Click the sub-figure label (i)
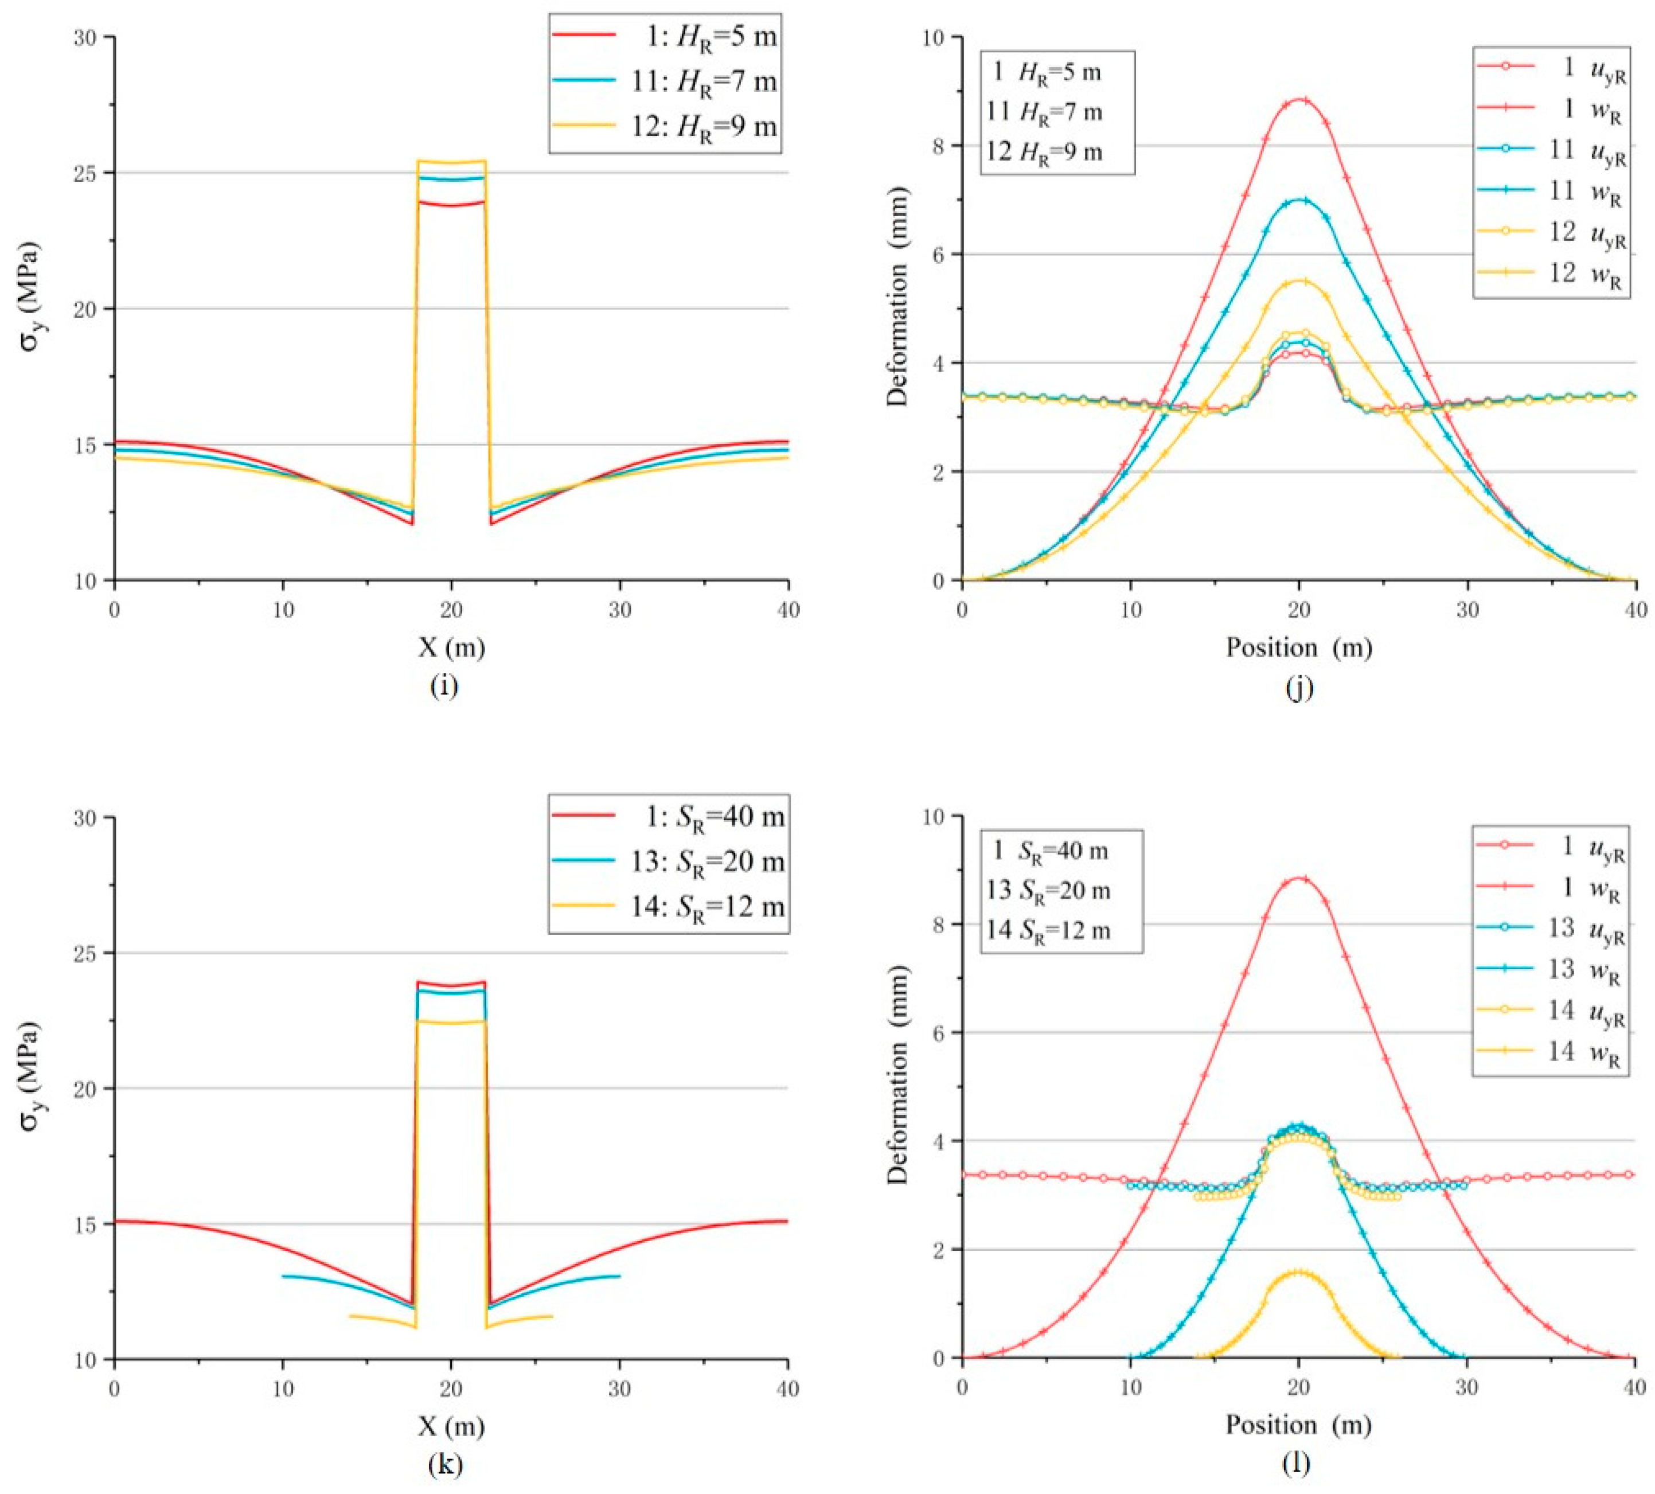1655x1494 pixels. (444, 685)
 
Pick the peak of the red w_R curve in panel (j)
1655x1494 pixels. (1299, 100)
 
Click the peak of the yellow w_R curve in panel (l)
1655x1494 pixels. (1298, 1273)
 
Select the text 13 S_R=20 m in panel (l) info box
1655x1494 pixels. (1048, 891)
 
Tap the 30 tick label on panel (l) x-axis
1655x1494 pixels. (1466, 1388)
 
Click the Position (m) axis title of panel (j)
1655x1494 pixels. (1299, 647)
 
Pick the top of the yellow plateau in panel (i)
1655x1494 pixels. (451, 162)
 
